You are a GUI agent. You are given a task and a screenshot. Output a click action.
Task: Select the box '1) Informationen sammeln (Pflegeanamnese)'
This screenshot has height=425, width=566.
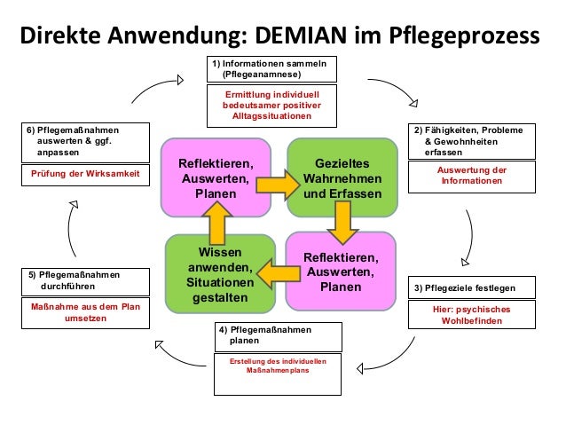coord(268,70)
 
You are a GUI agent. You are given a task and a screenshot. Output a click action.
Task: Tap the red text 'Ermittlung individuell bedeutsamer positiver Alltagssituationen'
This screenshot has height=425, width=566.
coord(268,105)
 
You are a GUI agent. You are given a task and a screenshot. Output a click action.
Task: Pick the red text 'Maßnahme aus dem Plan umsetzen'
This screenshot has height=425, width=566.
coord(85,312)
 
